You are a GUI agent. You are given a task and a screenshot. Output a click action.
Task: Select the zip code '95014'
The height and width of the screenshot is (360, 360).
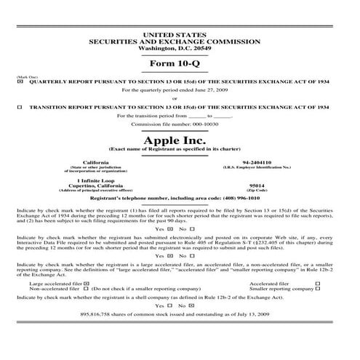pos(257,185)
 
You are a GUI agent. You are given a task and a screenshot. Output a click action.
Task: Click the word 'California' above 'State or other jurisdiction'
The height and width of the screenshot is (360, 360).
pos(97,162)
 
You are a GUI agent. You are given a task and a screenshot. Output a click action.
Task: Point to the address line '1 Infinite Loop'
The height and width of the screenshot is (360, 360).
pos(97,180)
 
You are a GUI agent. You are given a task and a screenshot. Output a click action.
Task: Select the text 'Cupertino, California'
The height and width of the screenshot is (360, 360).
pos(97,185)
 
